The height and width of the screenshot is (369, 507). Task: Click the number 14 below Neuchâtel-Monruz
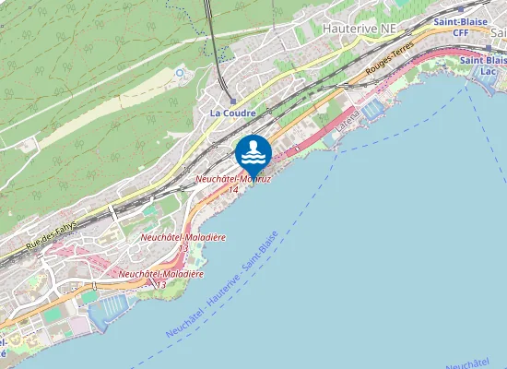tap(233, 189)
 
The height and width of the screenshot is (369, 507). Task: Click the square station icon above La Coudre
tap(232, 101)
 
